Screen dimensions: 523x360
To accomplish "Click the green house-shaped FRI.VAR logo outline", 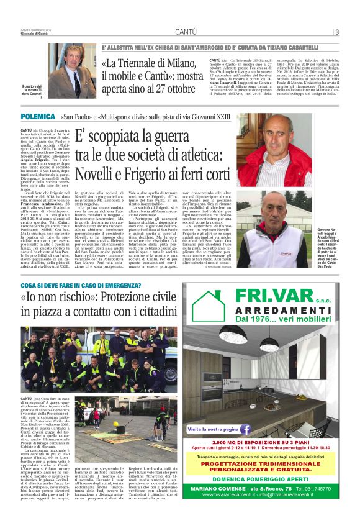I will pos(208,304).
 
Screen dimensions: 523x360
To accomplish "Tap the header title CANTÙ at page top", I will pos(186,32).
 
